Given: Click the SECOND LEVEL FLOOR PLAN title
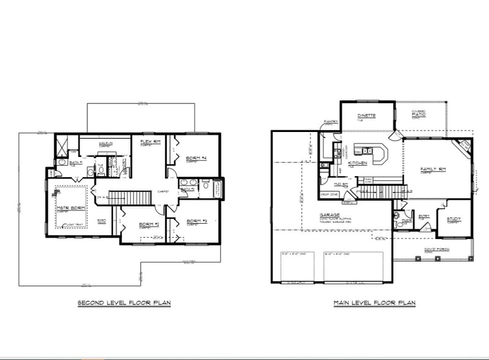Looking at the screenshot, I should [x=123, y=303].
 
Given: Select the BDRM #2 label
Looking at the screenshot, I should [x=149, y=224].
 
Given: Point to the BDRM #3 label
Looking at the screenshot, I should [x=197, y=221].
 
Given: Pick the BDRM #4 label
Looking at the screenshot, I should [x=196, y=158].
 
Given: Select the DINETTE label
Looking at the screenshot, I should [x=367, y=116].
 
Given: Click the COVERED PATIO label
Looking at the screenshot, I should [x=419, y=113].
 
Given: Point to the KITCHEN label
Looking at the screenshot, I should [x=357, y=163].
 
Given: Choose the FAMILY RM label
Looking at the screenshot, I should [x=433, y=169].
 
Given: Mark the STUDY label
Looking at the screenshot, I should [x=454, y=219].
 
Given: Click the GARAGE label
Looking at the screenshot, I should [x=330, y=215].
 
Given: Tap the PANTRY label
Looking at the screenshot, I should [x=331, y=122].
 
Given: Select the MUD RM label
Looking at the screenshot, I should [x=340, y=183].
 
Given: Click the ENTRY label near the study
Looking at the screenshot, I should [x=424, y=216].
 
